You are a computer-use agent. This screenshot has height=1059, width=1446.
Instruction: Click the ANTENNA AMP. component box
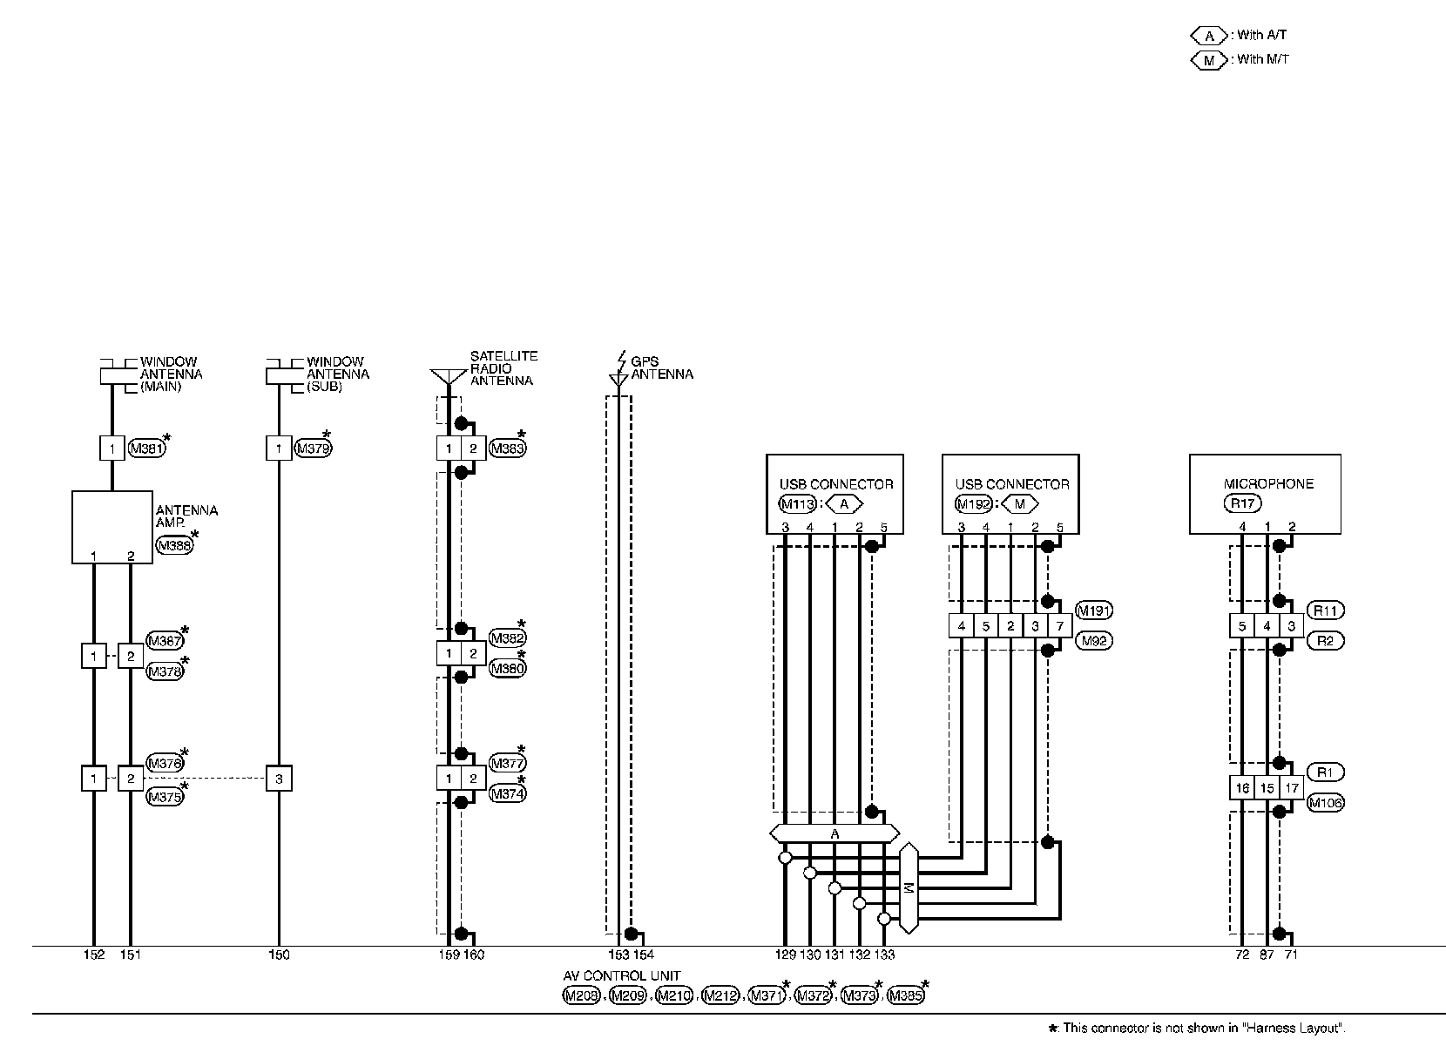pyautogui.click(x=111, y=527)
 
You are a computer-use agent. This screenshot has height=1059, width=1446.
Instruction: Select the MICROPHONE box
pyautogui.click(x=1265, y=493)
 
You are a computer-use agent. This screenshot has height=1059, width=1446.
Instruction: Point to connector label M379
pyautogui.click(x=313, y=449)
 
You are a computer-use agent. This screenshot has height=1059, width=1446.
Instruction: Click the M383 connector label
pyautogui.click(x=507, y=449)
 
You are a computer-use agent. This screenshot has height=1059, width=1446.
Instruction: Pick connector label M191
pyautogui.click(x=1094, y=610)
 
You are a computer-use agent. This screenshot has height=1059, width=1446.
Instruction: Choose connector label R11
pyautogui.click(x=1325, y=610)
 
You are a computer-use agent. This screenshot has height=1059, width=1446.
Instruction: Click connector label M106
pyautogui.click(x=1325, y=803)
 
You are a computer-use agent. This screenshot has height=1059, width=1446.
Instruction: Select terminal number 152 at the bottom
pyautogui.click(x=93, y=955)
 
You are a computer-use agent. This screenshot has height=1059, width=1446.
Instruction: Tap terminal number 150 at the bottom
pyautogui.click(x=279, y=955)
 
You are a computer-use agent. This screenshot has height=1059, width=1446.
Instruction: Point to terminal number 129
pyautogui.click(x=785, y=955)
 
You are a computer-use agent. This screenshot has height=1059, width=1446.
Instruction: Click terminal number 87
pyautogui.click(x=1267, y=955)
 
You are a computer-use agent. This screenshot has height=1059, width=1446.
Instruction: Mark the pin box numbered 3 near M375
pyautogui.click(x=279, y=779)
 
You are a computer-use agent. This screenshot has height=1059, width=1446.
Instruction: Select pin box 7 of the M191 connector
pyautogui.click(x=1059, y=626)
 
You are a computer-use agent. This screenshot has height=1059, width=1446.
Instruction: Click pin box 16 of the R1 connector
pyautogui.click(x=1241, y=788)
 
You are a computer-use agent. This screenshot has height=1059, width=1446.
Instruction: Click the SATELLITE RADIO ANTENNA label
pyautogui.click(x=503, y=368)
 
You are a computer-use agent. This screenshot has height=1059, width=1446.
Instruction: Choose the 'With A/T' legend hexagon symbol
pyautogui.click(x=1208, y=36)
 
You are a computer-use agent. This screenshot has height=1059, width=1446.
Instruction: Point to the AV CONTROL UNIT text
pyautogui.click(x=621, y=976)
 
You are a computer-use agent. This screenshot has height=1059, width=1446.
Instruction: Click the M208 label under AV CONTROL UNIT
pyautogui.click(x=581, y=996)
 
